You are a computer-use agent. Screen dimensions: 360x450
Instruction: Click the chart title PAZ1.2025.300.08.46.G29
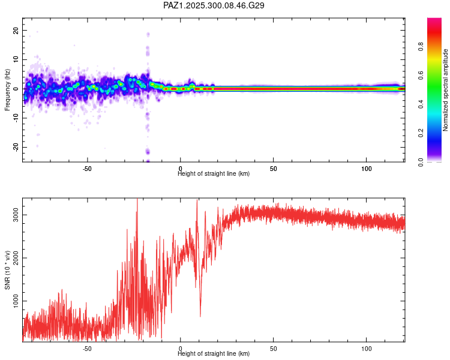coord(214,5)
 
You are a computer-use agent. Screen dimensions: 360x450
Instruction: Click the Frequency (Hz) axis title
coord(7,89)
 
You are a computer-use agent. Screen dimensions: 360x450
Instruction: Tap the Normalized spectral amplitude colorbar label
coord(445,90)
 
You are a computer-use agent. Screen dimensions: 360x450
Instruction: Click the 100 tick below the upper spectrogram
coord(366,168)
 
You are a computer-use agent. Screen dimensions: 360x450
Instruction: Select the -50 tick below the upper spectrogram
coord(87,168)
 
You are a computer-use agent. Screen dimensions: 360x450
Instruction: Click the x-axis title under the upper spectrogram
coord(214,174)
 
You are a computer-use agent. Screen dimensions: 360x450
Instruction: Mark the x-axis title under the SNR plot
coord(214,354)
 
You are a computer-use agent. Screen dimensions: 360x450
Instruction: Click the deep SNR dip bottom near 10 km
coord(200,316)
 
